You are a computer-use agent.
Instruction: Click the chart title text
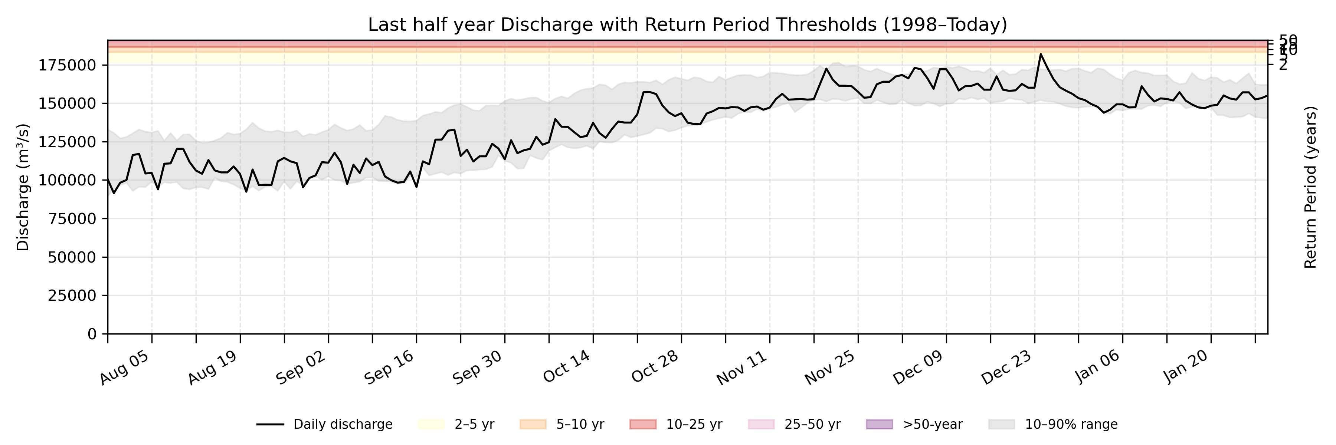tap(687, 24)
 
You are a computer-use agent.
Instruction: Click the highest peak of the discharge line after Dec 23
tap(1040, 54)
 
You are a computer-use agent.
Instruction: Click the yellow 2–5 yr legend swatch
tap(431, 424)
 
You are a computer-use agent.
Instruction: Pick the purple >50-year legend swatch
tap(879, 424)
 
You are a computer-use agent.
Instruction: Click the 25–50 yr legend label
tap(812, 424)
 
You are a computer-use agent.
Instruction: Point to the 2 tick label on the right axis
tap(1283, 65)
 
